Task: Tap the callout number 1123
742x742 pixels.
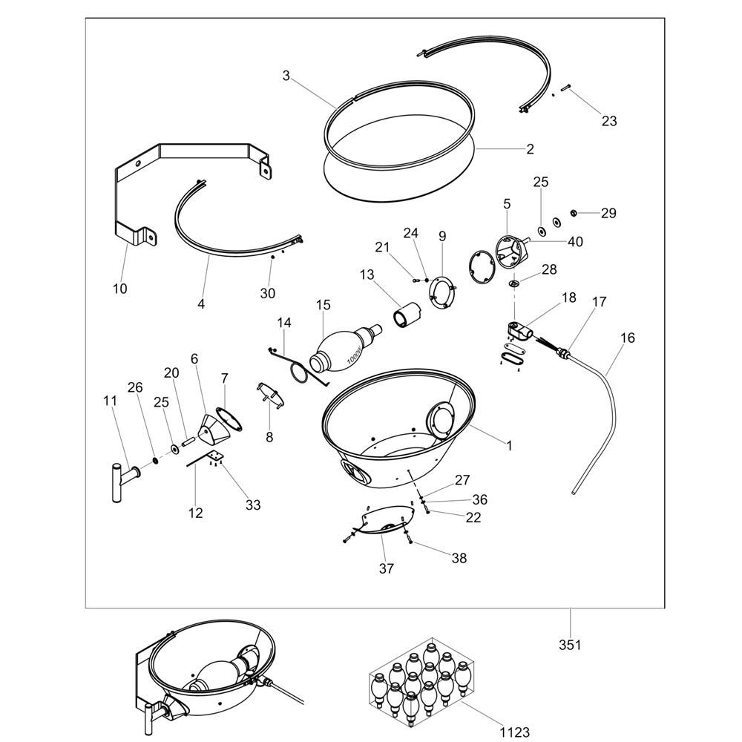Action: [514, 732]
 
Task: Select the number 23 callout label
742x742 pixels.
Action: [608, 121]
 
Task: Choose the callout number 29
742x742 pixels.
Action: [608, 214]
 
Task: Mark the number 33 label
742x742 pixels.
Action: [253, 505]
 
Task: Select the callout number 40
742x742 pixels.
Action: [576, 241]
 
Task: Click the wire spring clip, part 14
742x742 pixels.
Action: [297, 364]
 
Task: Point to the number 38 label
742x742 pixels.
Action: [459, 558]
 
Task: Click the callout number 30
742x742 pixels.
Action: [267, 293]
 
